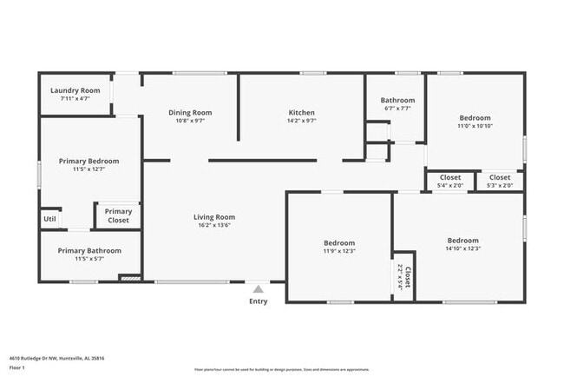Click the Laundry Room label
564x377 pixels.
coord(75,90)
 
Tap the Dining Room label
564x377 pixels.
coord(190,112)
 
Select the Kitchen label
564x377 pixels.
coord(301,112)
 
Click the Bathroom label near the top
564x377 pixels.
coord(397,100)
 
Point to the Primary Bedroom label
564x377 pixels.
coord(89,161)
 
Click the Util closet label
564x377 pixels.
coord(49,219)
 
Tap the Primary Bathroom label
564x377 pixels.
coord(89,250)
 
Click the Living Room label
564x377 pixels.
coord(213,217)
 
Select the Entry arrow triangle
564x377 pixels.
coord(258,289)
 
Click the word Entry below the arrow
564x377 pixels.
coord(259,301)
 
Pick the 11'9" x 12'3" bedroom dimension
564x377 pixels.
coord(339,251)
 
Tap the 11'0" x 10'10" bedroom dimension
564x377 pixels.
coord(475,126)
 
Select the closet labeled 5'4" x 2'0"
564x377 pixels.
coord(450,185)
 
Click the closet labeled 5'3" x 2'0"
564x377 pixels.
coord(500,185)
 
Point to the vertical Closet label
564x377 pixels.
coord(407,277)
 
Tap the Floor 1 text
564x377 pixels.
coord(16,367)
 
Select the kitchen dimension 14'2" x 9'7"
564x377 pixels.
coord(301,121)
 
